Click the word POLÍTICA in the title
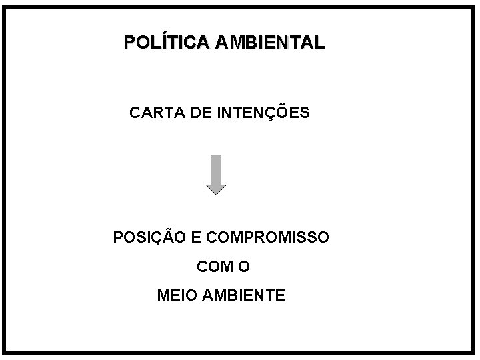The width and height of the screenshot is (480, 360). [167, 43]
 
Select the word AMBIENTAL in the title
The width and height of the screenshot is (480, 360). [270, 43]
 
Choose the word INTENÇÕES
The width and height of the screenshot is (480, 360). [263, 113]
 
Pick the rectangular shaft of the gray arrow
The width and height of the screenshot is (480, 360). [216, 167]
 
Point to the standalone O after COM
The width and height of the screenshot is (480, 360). [244, 267]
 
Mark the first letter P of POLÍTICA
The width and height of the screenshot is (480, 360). [129, 43]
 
